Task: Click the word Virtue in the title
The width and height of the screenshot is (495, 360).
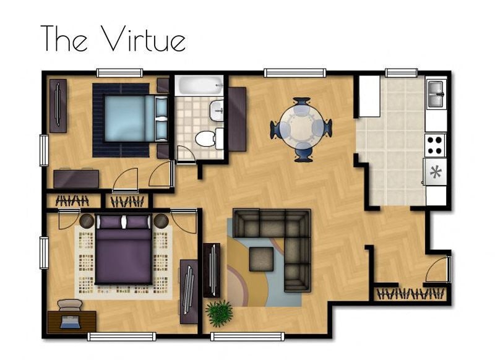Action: pos(143,39)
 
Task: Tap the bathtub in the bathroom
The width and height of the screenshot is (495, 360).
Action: pos(198,85)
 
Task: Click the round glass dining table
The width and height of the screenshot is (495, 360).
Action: pos(301,128)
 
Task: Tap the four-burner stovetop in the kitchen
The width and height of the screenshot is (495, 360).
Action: pos(435,144)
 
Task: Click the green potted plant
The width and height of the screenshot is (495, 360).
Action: pos(218,313)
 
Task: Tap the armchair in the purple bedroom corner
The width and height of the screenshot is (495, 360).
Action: pos(69,307)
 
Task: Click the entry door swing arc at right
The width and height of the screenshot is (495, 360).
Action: pos(441,271)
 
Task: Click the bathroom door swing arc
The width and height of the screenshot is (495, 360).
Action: pos(186,153)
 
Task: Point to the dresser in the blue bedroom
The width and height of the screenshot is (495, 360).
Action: pos(58,106)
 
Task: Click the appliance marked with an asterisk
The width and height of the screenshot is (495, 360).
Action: pos(436,171)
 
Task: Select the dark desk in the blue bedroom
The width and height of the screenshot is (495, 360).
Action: pos(76,178)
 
